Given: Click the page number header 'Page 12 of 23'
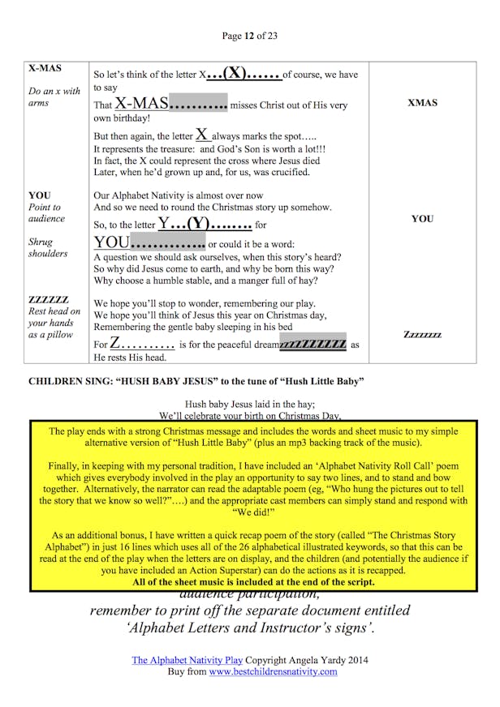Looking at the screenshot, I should (249, 36).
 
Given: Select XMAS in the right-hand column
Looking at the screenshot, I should (422, 103).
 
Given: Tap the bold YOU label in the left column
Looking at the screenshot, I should (39, 195).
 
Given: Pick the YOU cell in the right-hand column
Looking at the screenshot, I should (422, 219).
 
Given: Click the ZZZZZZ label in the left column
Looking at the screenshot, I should (49, 299).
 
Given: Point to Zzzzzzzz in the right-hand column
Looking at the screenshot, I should (422, 334).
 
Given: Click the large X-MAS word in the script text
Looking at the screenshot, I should (141, 104).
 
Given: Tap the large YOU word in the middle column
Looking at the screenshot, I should (111, 243).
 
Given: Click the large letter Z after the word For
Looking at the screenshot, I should (116, 344).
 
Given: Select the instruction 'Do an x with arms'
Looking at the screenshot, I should (54, 97).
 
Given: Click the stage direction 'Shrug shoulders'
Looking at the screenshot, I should (48, 247).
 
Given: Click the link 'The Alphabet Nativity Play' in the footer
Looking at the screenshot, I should (187, 660).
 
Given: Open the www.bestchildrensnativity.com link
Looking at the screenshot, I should (273, 671).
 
